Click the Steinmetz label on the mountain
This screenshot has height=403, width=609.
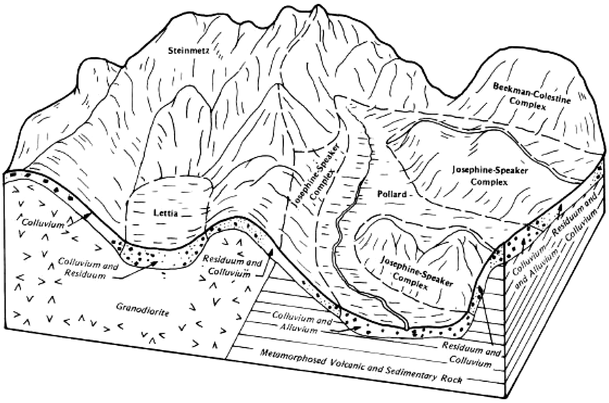[x=188, y=51]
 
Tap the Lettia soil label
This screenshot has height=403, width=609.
[x=166, y=213]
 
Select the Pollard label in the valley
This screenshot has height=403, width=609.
[x=392, y=194]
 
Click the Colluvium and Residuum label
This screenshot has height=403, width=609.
[x=88, y=270]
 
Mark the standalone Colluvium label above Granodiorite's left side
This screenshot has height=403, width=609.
[x=42, y=223]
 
